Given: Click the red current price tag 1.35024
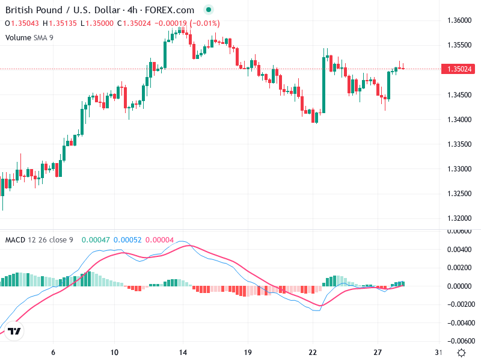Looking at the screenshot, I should pos(459,69).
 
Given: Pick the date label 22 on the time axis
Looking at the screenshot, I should pos(313,353).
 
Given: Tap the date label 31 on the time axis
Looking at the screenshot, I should pos(438,353).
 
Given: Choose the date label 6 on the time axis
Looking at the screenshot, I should pos(54,353).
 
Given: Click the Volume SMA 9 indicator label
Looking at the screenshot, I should pos(29,37).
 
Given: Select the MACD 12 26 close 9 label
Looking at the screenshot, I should pos(39,240).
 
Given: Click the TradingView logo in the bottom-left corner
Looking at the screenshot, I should pos(15,331).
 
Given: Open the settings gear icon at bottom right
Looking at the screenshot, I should pos(461,353).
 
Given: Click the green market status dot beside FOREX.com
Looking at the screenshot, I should pos(208,10).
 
